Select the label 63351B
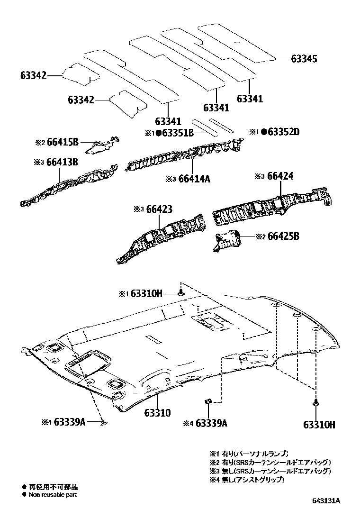[x=178, y=133]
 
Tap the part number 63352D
[x=283, y=132]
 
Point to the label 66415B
[x=63, y=142]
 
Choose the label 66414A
[x=194, y=179]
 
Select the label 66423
[x=159, y=209]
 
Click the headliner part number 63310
[x=158, y=413]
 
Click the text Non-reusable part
[x=52, y=495]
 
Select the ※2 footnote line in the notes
[x=270, y=462]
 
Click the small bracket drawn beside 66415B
[x=102, y=145]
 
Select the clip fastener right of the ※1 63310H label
[x=181, y=293]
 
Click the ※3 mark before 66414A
[x=171, y=179]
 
